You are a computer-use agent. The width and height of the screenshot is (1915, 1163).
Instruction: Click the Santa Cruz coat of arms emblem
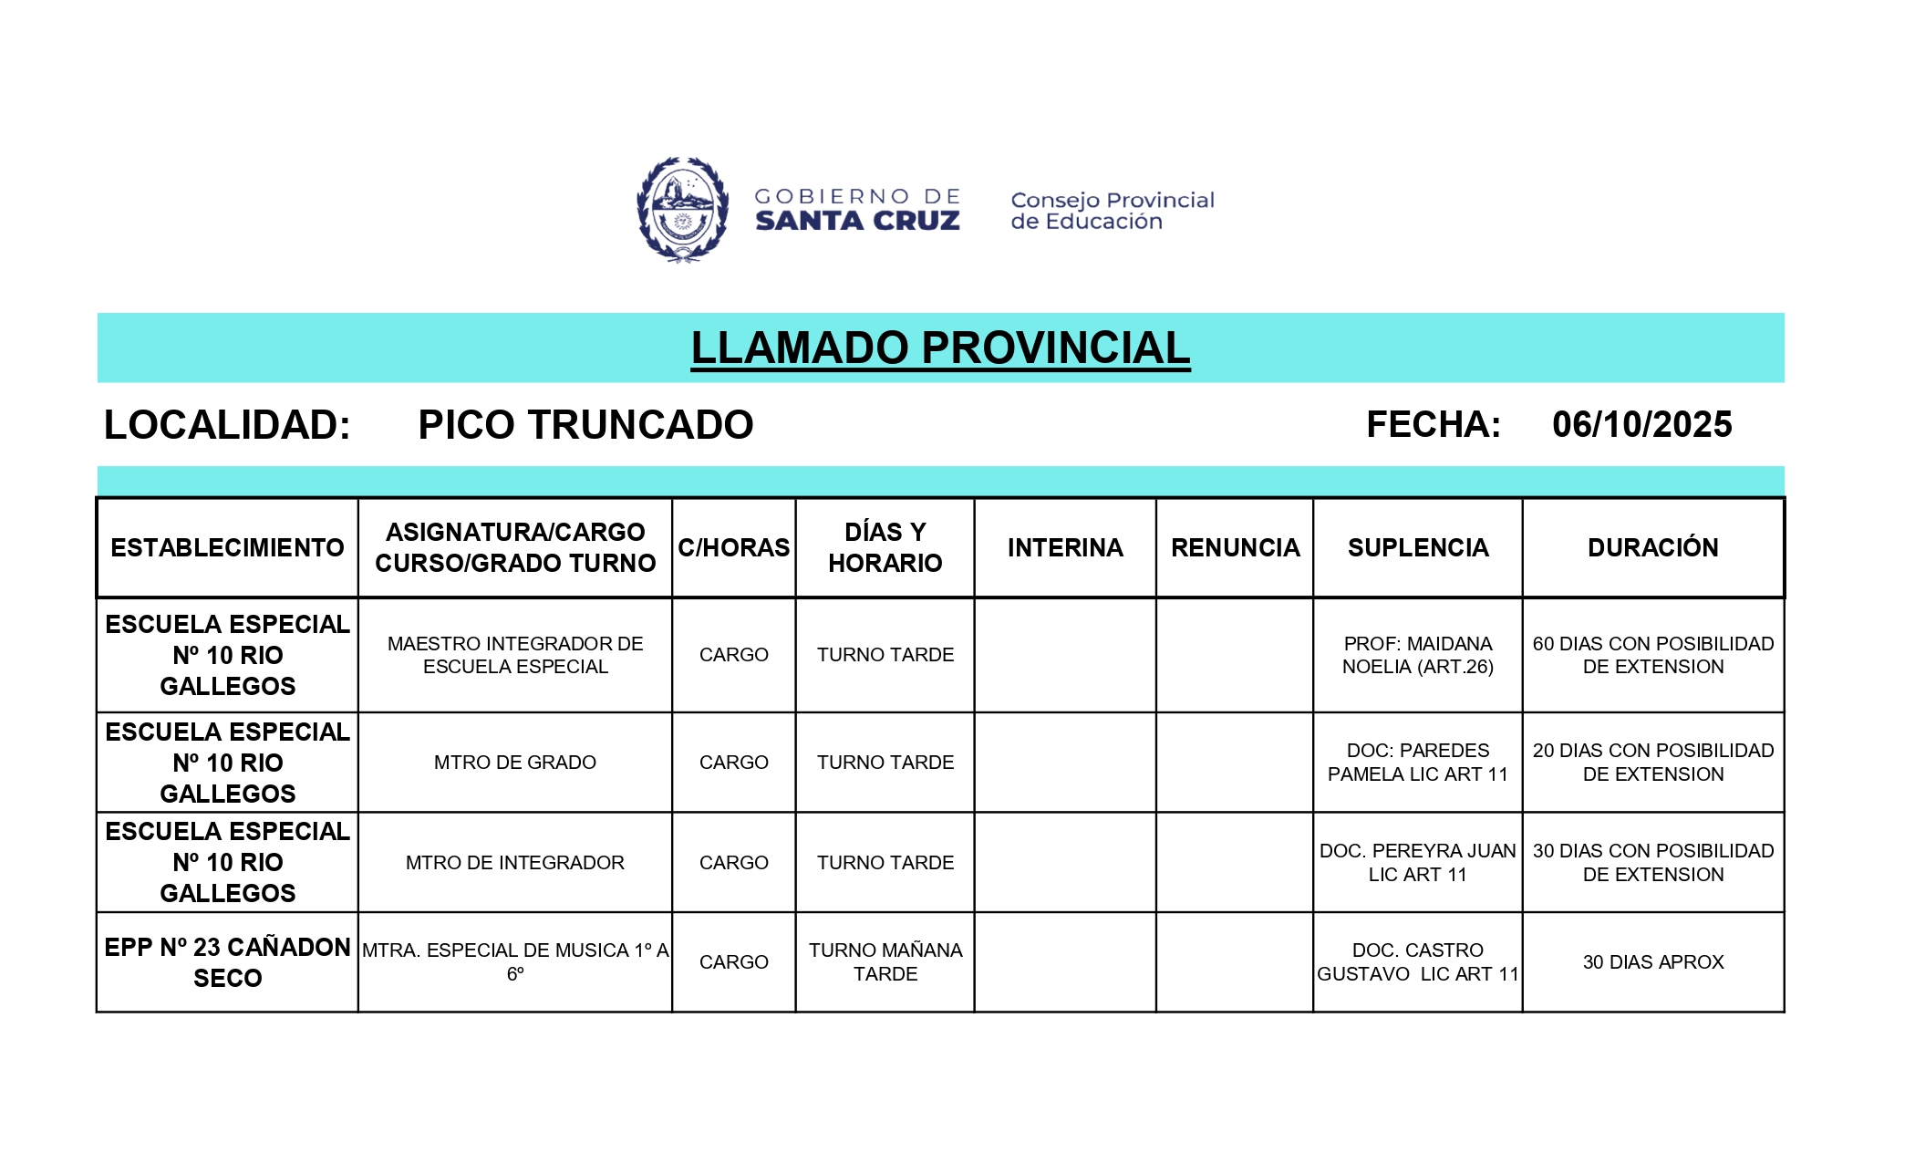[x=682, y=210]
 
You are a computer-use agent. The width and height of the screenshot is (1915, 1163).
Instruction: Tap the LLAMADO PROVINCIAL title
[x=940, y=348]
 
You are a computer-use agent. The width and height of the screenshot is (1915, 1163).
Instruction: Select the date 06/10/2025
[x=1641, y=424]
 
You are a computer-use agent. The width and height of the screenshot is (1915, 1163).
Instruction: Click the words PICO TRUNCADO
[x=585, y=425]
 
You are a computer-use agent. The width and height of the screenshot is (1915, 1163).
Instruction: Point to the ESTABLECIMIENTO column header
[x=227, y=547]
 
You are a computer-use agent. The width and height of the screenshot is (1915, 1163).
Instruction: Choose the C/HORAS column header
[x=733, y=547]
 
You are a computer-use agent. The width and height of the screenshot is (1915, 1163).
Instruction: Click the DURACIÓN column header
[x=1652, y=547]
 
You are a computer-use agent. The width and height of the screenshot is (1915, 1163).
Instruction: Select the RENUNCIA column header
[x=1235, y=547]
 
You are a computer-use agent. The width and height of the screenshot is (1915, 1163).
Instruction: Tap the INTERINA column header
[x=1065, y=547]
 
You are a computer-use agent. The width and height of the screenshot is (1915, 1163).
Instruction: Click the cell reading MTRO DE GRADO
[x=515, y=763]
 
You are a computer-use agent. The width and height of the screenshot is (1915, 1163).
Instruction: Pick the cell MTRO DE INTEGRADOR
[x=515, y=863]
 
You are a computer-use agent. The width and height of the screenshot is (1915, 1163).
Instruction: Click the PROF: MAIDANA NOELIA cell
[x=1417, y=655]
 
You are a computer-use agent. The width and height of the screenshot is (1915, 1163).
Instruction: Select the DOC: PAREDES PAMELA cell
[x=1417, y=763]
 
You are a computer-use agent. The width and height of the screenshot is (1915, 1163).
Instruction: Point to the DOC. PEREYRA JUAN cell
[x=1417, y=863]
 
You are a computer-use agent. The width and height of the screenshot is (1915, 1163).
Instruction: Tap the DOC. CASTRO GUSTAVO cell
[x=1417, y=962]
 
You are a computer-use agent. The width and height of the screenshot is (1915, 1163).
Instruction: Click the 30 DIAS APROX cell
[x=1652, y=962]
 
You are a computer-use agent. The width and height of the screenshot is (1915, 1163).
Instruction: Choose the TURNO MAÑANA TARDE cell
[x=885, y=962]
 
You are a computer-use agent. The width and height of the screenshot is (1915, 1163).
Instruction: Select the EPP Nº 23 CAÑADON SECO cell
[x=227, y=962]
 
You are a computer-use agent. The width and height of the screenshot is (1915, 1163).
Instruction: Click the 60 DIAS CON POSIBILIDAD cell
[x=1652, y=655]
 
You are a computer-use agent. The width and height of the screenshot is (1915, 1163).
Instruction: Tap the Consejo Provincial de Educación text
[x=1112, y=211]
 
